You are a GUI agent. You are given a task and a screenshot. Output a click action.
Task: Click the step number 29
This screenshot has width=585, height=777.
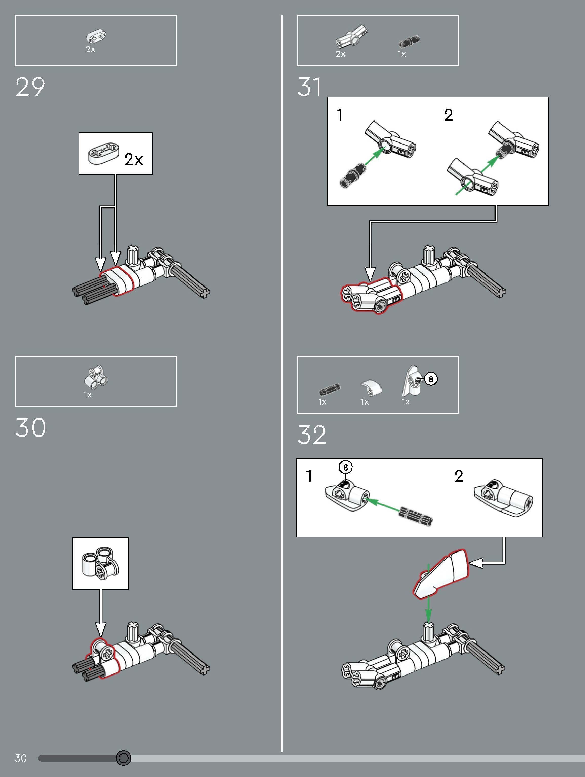30,87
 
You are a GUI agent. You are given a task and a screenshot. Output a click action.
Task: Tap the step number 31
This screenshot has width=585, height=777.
309,87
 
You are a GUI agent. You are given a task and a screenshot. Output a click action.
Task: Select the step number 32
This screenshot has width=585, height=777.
312,435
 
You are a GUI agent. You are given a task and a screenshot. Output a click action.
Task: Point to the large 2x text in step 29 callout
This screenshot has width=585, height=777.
133,160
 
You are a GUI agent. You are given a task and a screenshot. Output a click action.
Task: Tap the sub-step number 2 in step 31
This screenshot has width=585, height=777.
448,115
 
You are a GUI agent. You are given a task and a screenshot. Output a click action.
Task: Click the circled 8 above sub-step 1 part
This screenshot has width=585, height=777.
345,467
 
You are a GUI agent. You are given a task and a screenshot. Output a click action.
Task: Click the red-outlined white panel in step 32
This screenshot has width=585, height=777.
442,573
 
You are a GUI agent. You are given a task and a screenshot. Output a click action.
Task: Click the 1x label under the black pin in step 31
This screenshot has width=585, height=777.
401,54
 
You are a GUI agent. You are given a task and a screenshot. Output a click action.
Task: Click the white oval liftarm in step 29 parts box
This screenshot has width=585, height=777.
96,36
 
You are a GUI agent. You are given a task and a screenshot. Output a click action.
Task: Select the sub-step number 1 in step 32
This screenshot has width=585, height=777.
309,476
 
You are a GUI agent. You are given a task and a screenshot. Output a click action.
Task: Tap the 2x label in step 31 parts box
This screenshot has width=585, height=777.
340,54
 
